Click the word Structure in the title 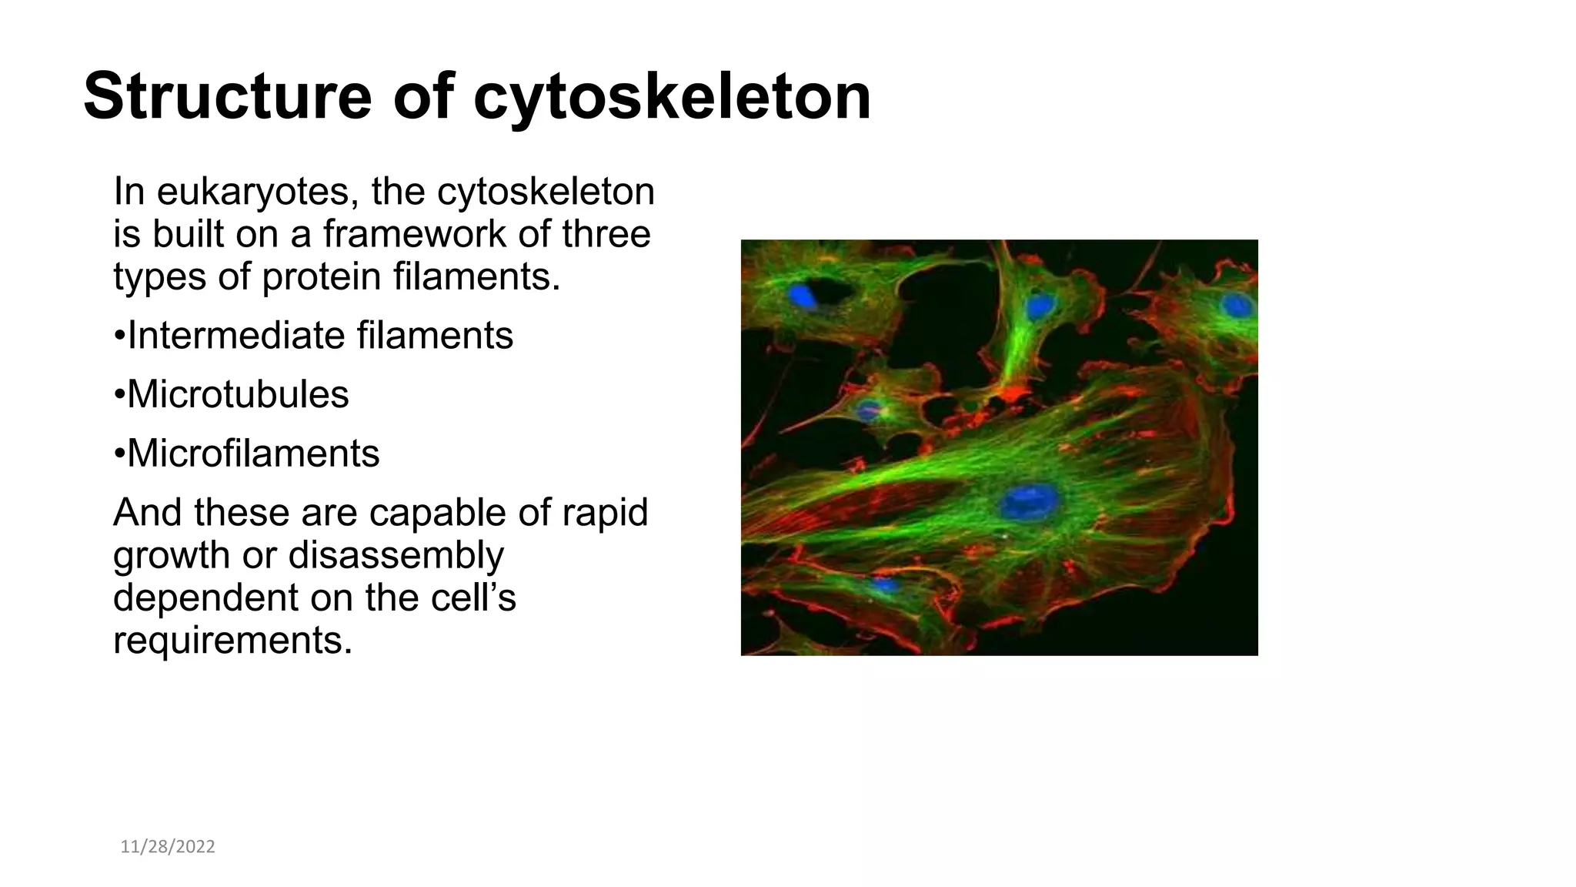click(x=227, y=96)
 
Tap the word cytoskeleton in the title click(x=672, y=96)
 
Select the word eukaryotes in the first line click(x=257, y=192)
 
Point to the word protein click(x=321, y=276)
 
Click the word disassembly click(x=396, y=554)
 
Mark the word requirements click(x=232, y=640)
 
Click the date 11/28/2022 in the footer click(x=168, y=847)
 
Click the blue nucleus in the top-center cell click(x=1040, y=306)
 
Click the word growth click(x=172, y=554)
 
